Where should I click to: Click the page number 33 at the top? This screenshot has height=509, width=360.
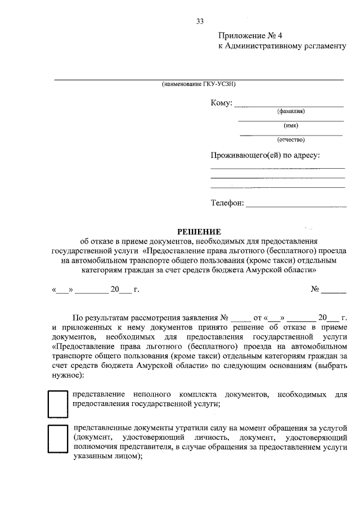200,21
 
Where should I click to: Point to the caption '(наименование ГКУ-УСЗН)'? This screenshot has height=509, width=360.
197,85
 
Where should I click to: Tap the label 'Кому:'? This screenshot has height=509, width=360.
221,103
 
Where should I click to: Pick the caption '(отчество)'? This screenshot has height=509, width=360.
291,139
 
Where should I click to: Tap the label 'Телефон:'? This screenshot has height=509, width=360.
227,203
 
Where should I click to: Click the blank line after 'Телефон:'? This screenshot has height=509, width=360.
296,206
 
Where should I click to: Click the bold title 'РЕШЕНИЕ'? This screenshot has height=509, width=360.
200,231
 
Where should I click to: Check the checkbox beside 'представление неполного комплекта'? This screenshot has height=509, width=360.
56,404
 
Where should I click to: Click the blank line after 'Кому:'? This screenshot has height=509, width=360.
288,106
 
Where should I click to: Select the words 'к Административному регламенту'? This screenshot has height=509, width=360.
282,47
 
